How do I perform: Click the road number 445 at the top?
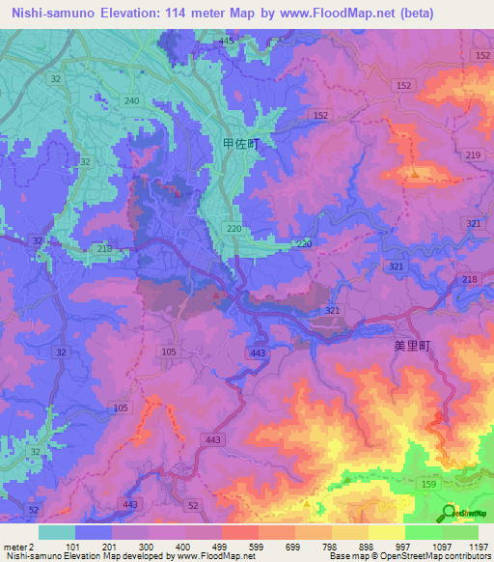tap(227, 41)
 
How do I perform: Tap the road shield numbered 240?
tap(132, 101)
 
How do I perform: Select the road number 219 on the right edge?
tap(473, 155)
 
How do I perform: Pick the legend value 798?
tap(330, 546)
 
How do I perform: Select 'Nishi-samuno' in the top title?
tap(48, 14)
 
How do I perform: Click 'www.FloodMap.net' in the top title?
tap(313, 14)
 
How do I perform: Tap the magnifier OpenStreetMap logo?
tap(448, 512)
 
